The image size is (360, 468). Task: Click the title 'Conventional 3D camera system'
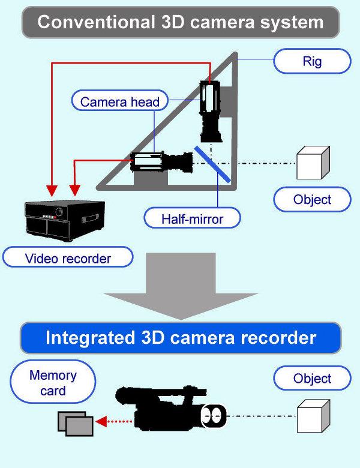[x=181, y=22]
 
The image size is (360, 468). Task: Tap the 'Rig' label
[x=311, y=62]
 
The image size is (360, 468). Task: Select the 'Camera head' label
[x=120, y=101]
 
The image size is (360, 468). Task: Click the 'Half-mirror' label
[x=192, y=219]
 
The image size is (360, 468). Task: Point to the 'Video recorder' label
[x=68, y=258]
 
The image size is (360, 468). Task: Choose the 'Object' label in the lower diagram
[x=312, y=379]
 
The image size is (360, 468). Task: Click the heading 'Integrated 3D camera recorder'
[x=181, y=337]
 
